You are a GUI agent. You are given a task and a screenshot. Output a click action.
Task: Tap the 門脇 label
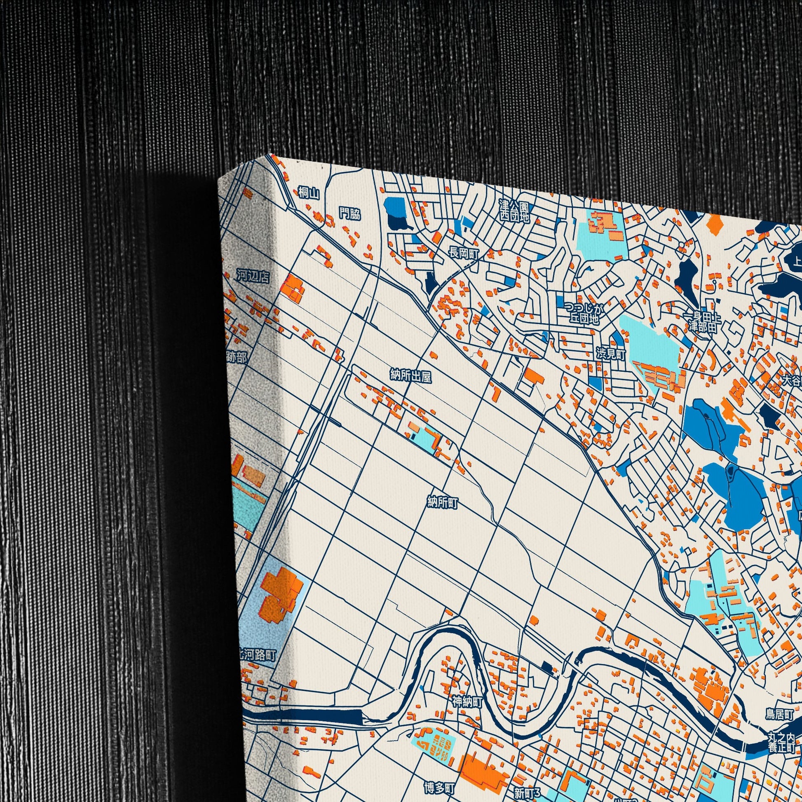pyautogui.click(x=349, y=214)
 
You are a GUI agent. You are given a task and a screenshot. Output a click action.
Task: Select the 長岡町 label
pyautogui.click(x=464, y=253)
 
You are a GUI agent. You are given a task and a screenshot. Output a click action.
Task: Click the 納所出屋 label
pyautogui.click(x=410, y=377)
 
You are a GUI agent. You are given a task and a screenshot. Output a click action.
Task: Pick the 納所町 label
pyautogui.click(x=443, y=503)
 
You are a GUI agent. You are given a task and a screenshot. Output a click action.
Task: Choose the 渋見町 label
pyautogui.click(x=611, y=354)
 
